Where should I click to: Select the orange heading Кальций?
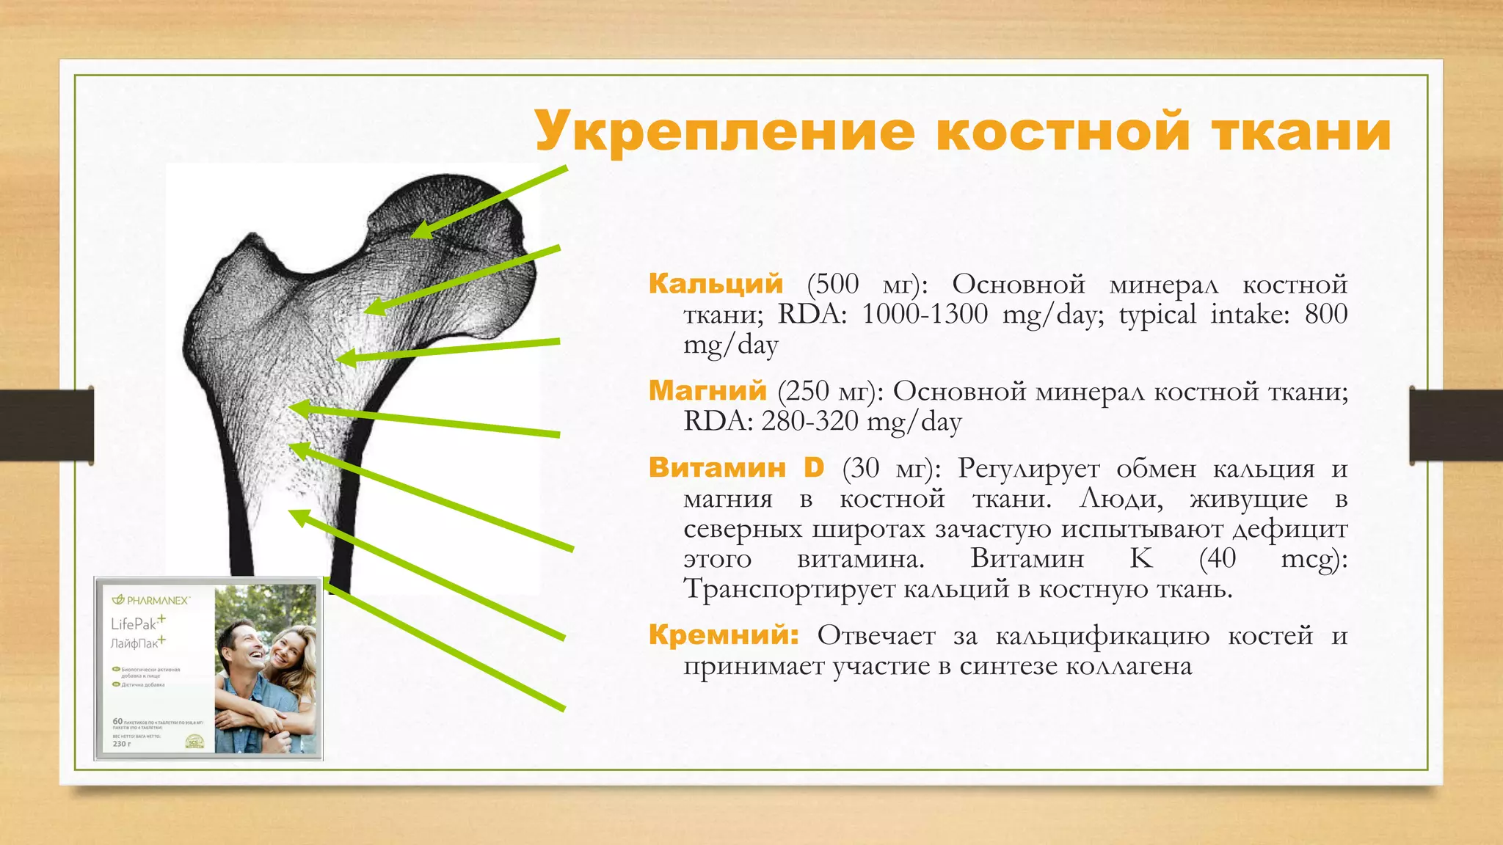716,283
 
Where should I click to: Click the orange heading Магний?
707,390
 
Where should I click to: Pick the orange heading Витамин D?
736,467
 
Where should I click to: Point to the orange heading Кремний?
724,634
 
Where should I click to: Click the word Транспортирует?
787,589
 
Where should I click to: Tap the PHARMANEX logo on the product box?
151,600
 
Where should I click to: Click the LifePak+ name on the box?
138,623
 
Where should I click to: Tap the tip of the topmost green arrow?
413,236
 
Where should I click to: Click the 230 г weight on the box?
122,744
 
